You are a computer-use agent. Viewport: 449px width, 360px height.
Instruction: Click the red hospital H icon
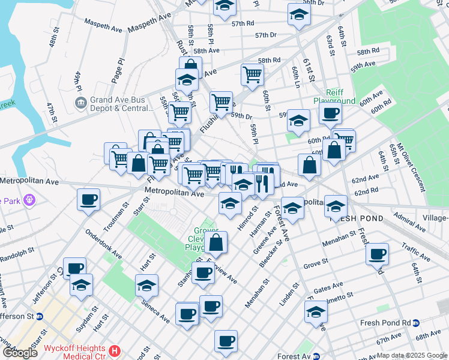116,349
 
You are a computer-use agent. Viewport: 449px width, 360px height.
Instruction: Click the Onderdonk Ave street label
104,244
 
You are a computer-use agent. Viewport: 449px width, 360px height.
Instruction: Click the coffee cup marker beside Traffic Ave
377,254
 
